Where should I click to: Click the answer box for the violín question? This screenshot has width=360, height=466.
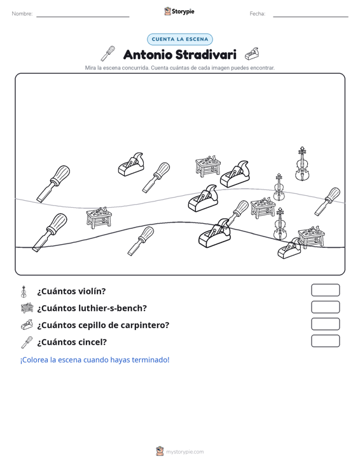(325, 290)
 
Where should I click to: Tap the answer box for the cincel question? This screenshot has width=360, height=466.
(325, 341)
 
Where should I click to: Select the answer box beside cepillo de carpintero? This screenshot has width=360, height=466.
(325, 324)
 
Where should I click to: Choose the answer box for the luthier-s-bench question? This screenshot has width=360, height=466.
(325, 307)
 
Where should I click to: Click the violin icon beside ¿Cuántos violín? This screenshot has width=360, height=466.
(24, 292)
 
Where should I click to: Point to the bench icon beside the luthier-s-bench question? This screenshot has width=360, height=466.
(27, 308)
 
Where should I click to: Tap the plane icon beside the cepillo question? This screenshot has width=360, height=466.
(27, 325)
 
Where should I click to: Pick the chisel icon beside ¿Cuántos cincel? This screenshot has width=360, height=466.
(27, 343)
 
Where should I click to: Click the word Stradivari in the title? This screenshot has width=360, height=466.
(205, 55)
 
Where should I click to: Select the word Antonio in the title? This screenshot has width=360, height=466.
(148, 55)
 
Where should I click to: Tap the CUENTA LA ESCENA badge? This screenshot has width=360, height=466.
(180, 39)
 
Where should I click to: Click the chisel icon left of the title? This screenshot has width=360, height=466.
(107, 53)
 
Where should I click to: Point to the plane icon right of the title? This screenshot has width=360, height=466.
(252, 54)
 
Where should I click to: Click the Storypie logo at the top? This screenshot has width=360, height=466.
(179, 11)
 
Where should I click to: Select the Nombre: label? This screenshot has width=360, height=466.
(22, 14)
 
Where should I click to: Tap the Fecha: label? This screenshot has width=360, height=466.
(258, 14)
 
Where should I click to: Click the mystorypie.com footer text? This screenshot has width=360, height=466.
(184, 452)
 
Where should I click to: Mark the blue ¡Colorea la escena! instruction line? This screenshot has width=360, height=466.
(95, 360)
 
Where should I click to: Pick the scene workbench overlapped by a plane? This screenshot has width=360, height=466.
(311, 236)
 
